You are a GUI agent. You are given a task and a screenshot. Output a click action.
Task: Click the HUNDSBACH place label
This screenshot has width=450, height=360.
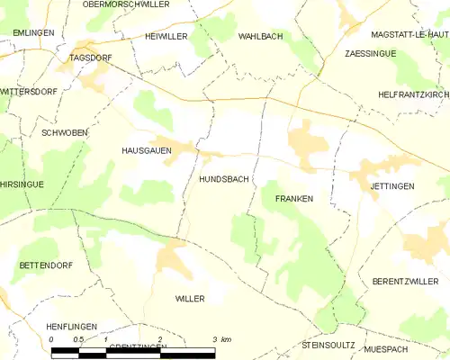223,180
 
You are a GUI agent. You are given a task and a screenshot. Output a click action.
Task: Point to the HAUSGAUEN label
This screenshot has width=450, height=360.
147,152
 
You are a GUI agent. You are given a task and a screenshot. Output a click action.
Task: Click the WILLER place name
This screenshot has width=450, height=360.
190,298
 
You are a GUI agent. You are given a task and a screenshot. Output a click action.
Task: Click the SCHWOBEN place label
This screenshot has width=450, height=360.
65,132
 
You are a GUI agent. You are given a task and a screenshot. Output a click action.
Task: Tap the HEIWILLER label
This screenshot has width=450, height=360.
166,36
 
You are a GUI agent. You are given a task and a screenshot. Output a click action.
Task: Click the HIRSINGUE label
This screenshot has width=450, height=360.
22,184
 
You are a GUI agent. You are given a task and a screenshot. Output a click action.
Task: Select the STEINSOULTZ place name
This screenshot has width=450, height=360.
330,346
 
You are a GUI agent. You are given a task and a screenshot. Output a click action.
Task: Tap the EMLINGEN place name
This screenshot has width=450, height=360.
33,32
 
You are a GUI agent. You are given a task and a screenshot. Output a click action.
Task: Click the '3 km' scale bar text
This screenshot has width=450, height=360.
221,339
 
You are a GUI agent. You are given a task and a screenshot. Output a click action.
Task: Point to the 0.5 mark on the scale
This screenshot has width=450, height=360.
79,339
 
